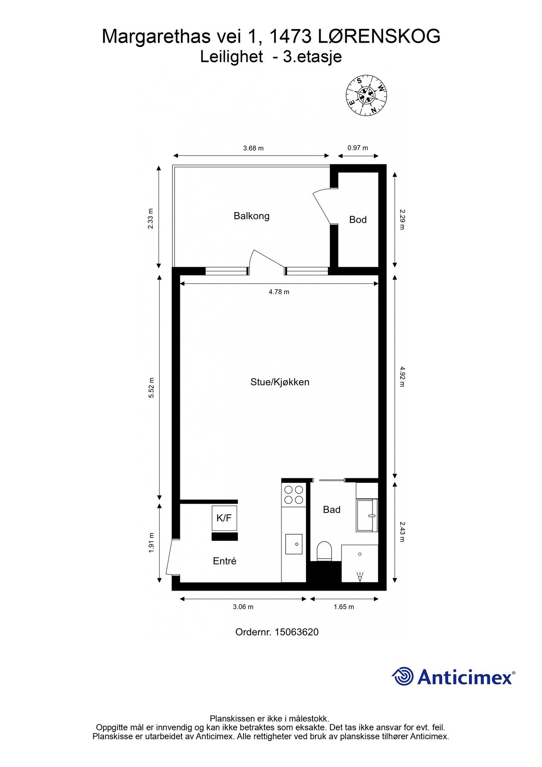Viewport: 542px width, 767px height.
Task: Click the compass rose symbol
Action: tap(366, 95)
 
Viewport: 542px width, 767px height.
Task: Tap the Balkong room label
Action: tap(252, 216)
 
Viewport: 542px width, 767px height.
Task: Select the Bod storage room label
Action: tap(358, 219)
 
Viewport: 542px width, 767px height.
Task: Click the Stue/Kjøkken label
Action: tap(280, 382)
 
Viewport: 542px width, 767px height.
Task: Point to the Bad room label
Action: tap(332, 510)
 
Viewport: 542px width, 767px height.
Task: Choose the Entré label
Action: tap(224, 561)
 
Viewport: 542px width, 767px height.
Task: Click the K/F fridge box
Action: tap(224, 518)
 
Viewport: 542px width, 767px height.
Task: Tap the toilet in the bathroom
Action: tap(324, 551)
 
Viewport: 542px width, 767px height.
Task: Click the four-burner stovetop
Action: tap(294, 495)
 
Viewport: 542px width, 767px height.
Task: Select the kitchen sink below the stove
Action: tap(294, 544)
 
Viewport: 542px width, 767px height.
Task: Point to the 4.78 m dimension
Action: tap(279, 292)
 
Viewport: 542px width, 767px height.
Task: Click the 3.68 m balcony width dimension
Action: tap(253, 148)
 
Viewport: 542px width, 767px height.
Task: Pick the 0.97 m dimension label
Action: tap(358, 148)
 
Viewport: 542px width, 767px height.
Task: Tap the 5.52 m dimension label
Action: tap(151, 388)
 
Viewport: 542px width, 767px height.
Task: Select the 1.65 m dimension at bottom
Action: tap(344, 607)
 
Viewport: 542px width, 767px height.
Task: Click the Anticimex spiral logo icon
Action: tap(402, 676)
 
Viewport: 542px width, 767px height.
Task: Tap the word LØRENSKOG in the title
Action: tap(379, 37)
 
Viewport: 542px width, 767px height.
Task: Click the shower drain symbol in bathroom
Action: tap(360, 554)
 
